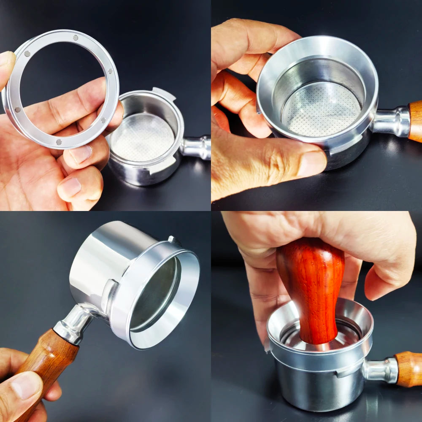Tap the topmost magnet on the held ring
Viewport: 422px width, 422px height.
pyautogui.click(x=76, y=38)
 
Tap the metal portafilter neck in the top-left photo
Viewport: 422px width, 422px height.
pyautogui.click(x=196, y=147)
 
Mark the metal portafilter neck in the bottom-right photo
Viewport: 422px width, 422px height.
pyautogui.click(x=380, y=371)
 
